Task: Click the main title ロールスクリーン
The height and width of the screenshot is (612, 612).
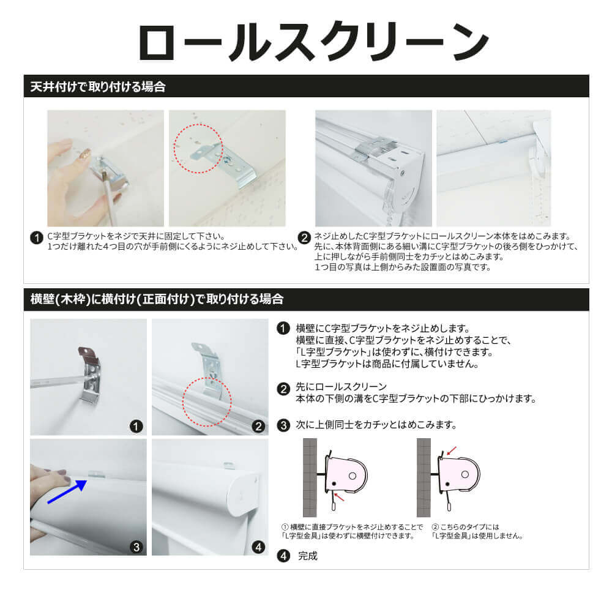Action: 313,42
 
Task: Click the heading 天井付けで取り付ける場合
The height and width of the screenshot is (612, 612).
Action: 98,87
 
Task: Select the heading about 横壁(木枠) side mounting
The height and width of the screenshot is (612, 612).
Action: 157,299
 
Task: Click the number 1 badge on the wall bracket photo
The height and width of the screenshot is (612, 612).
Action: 136,426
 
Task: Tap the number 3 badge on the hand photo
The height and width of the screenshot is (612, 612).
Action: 136,547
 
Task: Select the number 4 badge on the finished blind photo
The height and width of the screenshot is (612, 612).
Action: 258,547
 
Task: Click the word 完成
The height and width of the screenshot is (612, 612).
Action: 308,556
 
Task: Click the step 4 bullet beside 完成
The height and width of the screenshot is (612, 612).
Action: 283,556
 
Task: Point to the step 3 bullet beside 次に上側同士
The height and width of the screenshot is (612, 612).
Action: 283,425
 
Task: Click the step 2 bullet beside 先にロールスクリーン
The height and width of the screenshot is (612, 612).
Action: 283,389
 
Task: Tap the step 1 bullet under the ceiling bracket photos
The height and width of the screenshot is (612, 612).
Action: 37,237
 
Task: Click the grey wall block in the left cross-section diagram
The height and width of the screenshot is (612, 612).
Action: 310,477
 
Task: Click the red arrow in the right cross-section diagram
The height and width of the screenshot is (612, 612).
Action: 452,451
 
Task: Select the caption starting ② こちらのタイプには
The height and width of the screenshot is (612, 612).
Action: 477,531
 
